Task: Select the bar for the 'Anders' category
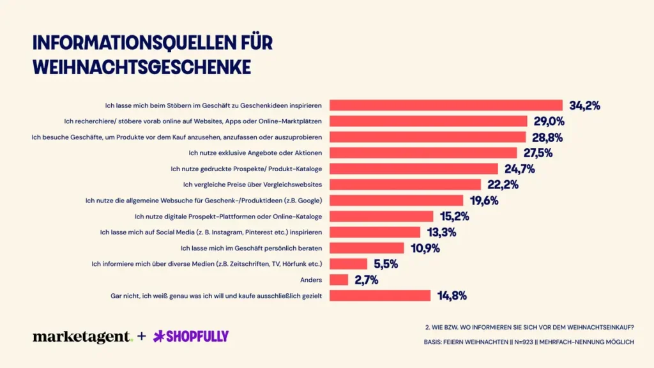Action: [x=338, y=280]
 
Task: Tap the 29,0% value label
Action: [x=547, y=121]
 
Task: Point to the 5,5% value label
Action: [x=386, y=264]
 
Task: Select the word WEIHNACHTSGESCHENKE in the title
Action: [x=141, y=67]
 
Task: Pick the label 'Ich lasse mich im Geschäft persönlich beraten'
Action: [x=251, y=248]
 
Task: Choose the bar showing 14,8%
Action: [x=380, y=295]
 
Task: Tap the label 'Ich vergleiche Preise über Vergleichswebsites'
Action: [x=252, y=185]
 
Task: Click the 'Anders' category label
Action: [x=310, y=280]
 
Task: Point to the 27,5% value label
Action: [x=537, y=153]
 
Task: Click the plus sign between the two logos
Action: [x=142, y=336]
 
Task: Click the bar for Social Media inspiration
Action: [x=375, y=232]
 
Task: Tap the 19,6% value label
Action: [x=483, y=201]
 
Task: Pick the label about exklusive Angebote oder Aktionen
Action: [x=255, y=153]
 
